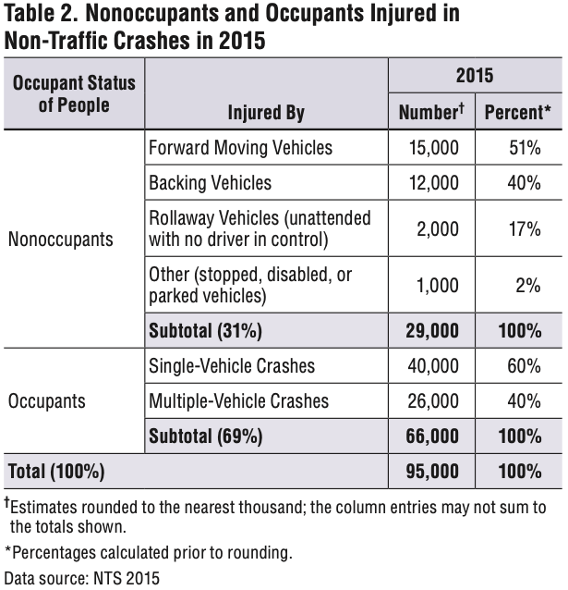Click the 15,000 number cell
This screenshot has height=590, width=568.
(x=433, y=148)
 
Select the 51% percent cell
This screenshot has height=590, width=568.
(x=525, y=148)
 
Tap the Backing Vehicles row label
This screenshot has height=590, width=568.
(x=211, y=183)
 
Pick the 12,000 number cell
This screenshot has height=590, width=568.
(x=433, y=183)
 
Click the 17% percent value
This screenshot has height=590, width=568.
(x=525, y=228)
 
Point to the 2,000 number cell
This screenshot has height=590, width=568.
(x=438, y=228)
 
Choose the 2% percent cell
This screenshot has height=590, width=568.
(x=528, y=285)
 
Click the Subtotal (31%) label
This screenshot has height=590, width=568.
(x=205, y=331)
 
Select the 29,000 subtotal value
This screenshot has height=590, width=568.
(x=432, y=331)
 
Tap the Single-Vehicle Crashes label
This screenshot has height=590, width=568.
(x=232, y=365)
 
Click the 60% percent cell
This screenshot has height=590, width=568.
(x=524, y=365)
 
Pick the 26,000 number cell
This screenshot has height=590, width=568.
(x=433, y=401)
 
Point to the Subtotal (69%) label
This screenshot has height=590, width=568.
(x=206, y=436)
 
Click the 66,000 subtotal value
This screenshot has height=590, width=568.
(x=432, y=436)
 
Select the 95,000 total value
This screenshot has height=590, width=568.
(x=432, y=472)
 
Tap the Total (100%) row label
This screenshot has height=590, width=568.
(x=56, y=472)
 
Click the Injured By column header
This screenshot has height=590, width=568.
(x=266, y=113)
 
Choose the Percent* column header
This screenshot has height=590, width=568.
(x=518, y=112)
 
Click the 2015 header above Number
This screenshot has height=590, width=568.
(x=475, y=75)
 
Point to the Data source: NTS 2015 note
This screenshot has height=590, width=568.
(x=82, y=578)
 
